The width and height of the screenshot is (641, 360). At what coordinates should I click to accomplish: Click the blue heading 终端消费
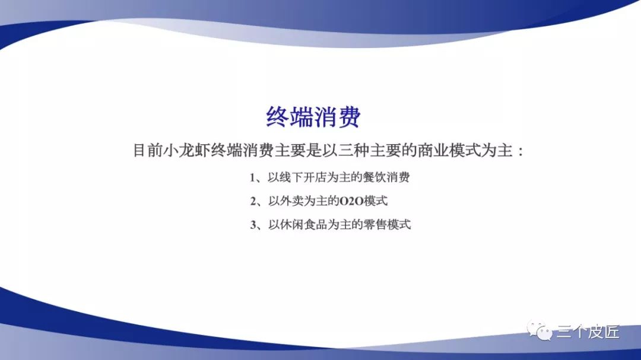(x=313, y=117)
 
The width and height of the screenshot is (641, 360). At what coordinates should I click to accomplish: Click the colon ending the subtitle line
(x=521, y=152)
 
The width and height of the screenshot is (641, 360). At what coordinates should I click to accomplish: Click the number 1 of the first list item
(x=253, y=178)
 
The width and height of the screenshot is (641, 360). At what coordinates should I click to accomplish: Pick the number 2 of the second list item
(x=253, y=202)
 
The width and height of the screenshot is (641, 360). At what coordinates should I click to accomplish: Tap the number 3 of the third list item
(x=253, y=225)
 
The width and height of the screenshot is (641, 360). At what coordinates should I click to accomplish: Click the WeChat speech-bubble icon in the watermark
(x=540, y=330)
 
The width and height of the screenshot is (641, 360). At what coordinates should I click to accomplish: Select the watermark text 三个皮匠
(x=588, y=332)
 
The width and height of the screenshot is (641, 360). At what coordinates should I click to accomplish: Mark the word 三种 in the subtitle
(x=354, y=151)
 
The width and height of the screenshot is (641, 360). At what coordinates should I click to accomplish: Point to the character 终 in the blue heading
(x=278, y=117)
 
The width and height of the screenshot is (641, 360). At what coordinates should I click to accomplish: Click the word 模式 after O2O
(x=376, y=201)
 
